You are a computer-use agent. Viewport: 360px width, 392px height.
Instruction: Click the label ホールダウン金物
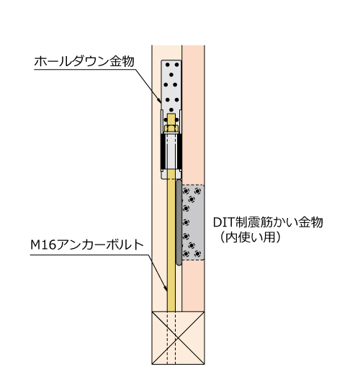[84, 62]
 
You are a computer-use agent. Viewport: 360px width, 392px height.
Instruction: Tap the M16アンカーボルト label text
[87, 245]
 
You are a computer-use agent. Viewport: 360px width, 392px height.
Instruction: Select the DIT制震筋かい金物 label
[268, 222]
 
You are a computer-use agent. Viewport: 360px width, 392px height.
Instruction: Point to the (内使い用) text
[250, 237]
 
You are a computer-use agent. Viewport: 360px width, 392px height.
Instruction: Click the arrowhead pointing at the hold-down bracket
[159, 100]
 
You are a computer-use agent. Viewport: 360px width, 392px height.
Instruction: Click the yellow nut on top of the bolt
[171, 129]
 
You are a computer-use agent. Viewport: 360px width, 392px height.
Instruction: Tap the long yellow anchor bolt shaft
[171, 240]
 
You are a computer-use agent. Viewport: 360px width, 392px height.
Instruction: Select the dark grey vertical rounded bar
[179, 222]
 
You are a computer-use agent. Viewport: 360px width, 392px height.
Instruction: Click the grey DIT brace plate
[193, 222]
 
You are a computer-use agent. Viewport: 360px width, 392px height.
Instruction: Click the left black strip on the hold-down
[163, 151]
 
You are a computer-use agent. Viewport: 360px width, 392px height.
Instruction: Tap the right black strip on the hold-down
[179, 151]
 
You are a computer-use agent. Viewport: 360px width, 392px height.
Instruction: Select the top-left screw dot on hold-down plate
[167, 65]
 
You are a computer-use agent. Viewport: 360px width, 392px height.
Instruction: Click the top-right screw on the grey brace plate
[197, 191]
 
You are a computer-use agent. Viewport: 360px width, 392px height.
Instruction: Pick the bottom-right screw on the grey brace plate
[197, 254]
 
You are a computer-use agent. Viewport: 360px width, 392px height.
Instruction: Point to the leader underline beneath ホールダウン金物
[84, 69]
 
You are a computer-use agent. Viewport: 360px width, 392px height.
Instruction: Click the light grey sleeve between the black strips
[171, 151]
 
